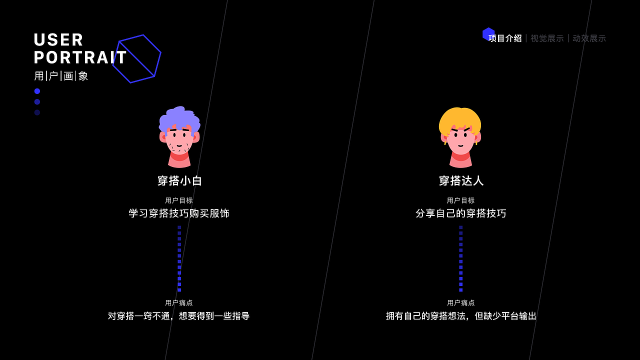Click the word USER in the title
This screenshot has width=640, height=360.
click(58, 40)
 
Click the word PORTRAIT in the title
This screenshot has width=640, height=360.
click(80, 58)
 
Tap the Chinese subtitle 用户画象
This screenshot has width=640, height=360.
click(61, 76)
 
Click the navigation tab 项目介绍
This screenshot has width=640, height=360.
click(505, 38)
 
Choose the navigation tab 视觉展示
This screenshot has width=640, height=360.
click(547, 38)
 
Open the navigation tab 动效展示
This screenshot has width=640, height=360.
click(589, 38)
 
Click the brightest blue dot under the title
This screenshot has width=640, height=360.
click(37, 91)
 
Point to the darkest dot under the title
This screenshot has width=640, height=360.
click(37, 112)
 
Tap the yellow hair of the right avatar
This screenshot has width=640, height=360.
click(460, 118)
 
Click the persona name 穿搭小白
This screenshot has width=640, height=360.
click(179, 181)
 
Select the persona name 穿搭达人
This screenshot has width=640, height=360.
click(461, 181)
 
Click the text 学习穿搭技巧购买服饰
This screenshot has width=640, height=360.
click(179, 213)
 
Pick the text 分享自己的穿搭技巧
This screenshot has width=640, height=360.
click(461, 213)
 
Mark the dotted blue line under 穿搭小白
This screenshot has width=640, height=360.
click(179, 258)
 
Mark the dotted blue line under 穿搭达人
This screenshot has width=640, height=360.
click(461, 258)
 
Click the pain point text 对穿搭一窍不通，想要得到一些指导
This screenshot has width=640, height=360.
click(179, 316)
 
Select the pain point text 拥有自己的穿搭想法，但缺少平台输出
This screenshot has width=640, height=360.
click(461, 316)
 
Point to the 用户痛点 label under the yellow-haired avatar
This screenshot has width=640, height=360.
click(461, 302)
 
